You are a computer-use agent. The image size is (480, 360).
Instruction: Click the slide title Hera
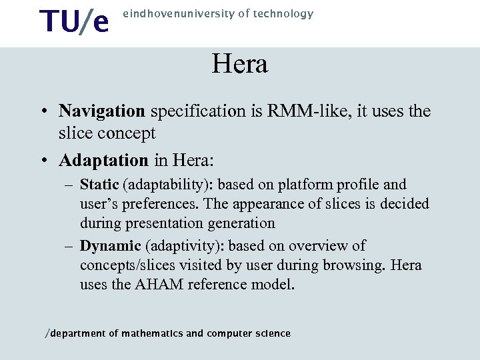pyautogui.click(x=239, y=65)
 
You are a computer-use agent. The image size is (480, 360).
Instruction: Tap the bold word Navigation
pyautogui.click(x=102, y=111)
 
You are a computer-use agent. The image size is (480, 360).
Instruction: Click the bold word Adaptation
pyautogui.click(x=103, y=161)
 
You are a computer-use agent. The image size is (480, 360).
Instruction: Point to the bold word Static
pyautogui.click(x=99, y=184)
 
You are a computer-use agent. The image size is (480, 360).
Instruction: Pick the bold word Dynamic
pyautogui.click(x=110, y=246)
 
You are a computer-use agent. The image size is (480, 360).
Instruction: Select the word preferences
pyautogui.click(x=147, y=203)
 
